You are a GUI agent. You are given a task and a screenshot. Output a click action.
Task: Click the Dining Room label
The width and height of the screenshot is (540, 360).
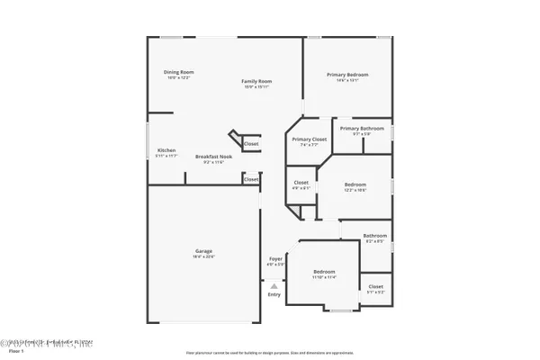pos(178,72)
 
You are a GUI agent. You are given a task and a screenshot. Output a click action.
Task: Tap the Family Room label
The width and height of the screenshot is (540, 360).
pos(256,82)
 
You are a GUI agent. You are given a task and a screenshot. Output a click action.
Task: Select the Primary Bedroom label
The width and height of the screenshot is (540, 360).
pos(348,75)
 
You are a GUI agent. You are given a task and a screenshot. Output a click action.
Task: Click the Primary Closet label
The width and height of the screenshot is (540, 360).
pos(309,139)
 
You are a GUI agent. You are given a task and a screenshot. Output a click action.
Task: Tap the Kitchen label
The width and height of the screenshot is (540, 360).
pos(166,150)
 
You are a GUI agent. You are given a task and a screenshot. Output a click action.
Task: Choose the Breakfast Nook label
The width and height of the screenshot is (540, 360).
pos(214,157)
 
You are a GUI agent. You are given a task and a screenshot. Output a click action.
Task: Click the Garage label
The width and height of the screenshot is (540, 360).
pos(203,251)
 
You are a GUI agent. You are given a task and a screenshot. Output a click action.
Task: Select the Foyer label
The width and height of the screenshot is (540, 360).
pos(274,259)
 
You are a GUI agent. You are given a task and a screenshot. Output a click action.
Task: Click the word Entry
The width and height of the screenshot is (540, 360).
pos(274,295)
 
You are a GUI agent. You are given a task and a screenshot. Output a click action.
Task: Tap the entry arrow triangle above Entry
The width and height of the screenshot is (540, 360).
pos(274,284)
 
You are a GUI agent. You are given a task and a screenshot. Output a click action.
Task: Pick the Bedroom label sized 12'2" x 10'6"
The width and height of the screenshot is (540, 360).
pos(355,184)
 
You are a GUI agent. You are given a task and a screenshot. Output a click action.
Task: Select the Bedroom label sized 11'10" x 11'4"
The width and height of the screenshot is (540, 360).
pos(324,272)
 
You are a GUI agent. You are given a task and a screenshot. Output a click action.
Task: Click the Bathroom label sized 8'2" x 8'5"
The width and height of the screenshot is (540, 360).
pos(374,237)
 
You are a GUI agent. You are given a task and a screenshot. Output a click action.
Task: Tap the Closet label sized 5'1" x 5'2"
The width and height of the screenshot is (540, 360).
pos(375,287)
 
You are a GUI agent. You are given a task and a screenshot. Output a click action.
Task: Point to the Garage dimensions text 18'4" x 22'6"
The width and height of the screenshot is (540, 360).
pos(203,256)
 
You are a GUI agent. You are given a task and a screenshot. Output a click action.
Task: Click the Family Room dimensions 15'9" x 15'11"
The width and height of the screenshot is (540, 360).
pos(256,87)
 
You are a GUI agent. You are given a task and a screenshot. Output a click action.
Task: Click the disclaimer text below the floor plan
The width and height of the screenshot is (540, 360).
pos(270,352)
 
